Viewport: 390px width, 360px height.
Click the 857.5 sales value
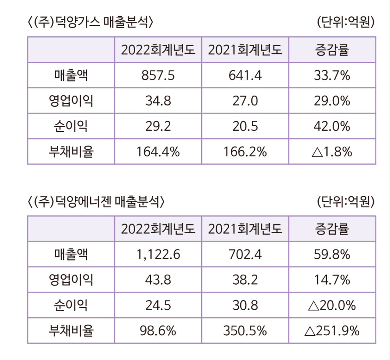point(158,75)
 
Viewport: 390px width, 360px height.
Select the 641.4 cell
point(245,75)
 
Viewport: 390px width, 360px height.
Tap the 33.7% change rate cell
point(332,75)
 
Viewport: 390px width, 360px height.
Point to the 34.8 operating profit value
point(158,101)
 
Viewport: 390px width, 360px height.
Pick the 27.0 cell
point(245,101)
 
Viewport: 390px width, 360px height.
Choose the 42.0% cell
point(332,126)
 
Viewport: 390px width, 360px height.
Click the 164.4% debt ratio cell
point(158,152)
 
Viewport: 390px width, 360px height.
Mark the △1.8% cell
point(332,152)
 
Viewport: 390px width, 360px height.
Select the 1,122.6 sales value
point(158,254)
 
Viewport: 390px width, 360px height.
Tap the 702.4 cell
point(245,254)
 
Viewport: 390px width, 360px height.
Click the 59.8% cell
point(332,254)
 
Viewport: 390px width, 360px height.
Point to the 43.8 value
point(158,280)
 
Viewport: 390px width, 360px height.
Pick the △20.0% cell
point(332,306)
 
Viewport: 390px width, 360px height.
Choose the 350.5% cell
point(245,331)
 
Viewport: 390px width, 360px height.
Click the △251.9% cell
point(332,331)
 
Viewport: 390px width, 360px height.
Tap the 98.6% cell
point(158,331)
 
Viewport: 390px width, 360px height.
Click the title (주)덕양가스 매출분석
point(90,22)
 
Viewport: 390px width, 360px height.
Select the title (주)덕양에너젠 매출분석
point(96,202)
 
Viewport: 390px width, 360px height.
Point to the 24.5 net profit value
point(158,306)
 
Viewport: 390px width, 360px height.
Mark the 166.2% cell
point(245,152)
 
